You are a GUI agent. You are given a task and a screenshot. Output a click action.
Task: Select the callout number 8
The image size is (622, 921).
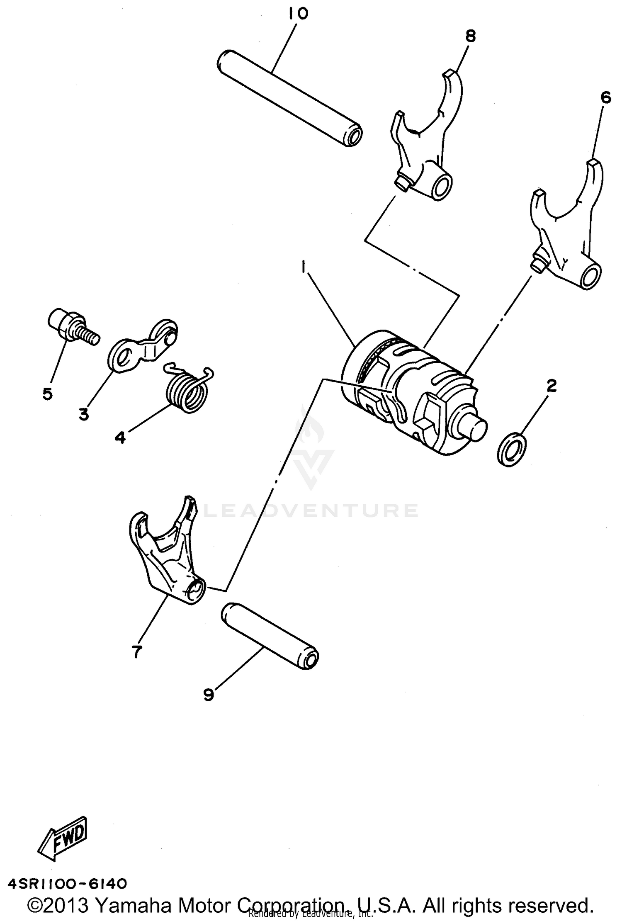[x=470, y=36]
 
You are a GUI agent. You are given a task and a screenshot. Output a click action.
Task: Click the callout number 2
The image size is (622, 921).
[x=551, y=386]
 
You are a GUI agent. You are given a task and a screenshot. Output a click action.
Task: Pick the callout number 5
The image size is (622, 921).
[x=48, y=393]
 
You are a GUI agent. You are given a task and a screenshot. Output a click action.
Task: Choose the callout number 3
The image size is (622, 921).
[x=84, y=414]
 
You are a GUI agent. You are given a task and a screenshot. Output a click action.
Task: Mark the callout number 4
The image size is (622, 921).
[x=120, y=437]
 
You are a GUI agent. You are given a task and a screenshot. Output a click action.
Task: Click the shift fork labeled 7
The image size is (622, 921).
[x=166, y=556]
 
